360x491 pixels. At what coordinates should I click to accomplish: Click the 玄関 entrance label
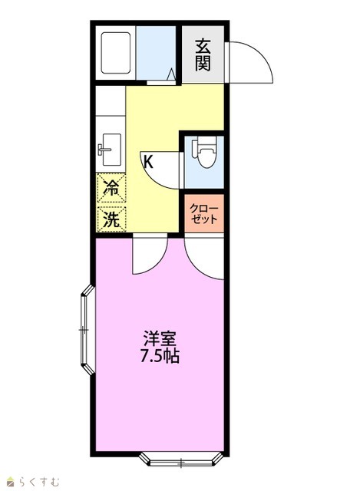203,55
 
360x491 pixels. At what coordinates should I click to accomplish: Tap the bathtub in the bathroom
115,53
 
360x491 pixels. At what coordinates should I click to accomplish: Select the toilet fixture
204,152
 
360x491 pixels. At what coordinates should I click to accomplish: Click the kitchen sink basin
112,150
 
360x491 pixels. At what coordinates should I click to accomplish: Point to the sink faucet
104,150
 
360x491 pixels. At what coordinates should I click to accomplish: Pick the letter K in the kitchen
148,162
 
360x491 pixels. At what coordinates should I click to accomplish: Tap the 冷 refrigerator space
111,188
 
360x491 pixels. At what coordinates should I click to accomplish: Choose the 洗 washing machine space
111,219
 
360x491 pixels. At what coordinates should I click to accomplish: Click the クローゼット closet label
204,213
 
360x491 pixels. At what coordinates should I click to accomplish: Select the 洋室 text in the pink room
160,338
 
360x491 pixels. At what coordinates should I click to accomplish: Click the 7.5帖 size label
160,356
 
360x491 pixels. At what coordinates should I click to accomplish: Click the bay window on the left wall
88,329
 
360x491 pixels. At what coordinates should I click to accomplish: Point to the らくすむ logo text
39,481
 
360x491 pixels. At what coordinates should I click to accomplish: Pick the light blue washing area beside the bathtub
156,53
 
